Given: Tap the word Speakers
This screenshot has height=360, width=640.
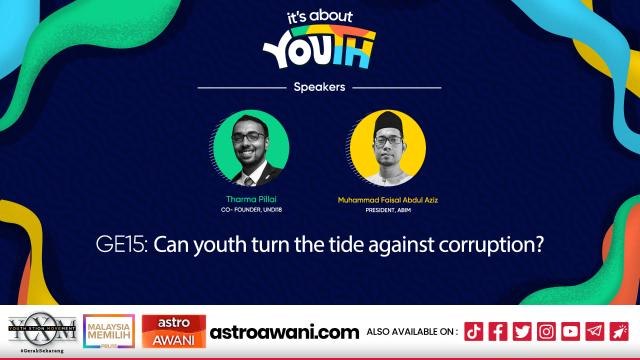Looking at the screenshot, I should (319, 87).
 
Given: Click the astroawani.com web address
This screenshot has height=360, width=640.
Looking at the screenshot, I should (285, 330).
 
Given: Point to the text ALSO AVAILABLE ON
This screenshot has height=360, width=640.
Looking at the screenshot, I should (412, 330).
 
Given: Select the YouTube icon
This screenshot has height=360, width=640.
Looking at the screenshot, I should (570, 330).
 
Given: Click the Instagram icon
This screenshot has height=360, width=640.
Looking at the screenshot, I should (546, 330).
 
